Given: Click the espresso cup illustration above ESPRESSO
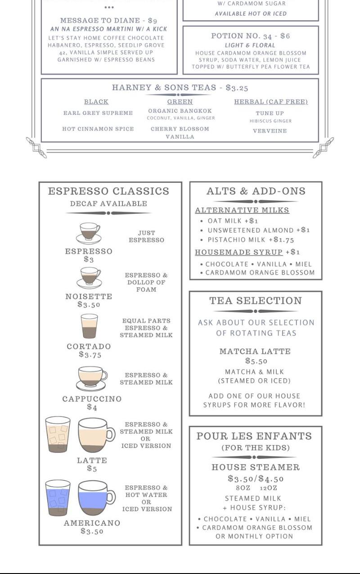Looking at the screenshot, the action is [x=89, y=233].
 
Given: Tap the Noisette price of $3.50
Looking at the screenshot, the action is [x=89, y=304].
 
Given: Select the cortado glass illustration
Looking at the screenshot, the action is [x=89, y=326].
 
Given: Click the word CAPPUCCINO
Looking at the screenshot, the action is [x=92, y=399].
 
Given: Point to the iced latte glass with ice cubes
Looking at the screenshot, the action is [x=58, y=434].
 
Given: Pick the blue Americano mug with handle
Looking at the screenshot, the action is [x=96, y=498].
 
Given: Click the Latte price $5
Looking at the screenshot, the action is [x=92, y=468].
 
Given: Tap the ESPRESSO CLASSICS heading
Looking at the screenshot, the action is [x=108, y=191].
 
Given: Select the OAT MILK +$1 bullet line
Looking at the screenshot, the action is [x=229, y=221].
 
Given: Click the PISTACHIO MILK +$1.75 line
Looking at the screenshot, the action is [x=247, y=240].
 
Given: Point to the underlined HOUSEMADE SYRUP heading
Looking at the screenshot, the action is [x=238, y=252].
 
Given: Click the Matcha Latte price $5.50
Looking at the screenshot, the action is [x=256, y=361].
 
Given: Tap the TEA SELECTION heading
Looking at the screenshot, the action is [x=256, y=301].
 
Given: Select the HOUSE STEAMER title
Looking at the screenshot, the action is [x=256, y=467].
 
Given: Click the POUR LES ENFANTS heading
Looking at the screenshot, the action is [x=254, y=436].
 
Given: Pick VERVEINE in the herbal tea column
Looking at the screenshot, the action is [x=270, y=131].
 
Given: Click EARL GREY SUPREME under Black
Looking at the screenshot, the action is [x=98, y=113].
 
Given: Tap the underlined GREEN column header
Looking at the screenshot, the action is [x=180, y=102].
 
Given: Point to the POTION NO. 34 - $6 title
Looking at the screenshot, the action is [x=250, y=36].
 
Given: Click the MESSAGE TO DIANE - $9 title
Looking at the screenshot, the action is [x=108, y=21].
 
